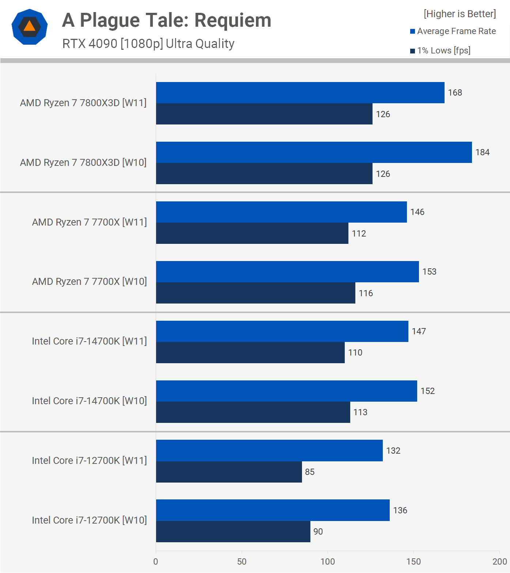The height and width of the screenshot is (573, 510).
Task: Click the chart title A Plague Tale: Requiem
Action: click(166, 20)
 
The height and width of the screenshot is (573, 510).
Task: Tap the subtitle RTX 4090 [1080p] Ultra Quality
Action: click(148, 44)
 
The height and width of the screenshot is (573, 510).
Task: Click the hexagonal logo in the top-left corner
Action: click(30, 27)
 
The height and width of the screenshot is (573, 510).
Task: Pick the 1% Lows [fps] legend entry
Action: click(440, 51)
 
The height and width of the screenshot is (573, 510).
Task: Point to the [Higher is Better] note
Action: click(460, 14)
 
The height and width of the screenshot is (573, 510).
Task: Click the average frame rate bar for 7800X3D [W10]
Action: click(314, 152)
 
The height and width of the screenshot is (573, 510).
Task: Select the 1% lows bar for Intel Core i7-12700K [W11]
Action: click(229, 472)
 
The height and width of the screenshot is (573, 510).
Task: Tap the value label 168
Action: click(455, 93)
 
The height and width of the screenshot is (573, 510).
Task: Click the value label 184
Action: click(482, 152)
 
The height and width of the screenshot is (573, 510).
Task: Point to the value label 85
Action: click(310, 472)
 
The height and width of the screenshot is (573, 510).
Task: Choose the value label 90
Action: click(318, 532)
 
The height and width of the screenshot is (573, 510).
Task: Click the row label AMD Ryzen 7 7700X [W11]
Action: click(89, 222)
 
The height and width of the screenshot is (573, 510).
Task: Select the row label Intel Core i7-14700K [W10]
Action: click(89, 401)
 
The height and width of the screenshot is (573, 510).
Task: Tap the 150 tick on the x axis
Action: click(413, 562)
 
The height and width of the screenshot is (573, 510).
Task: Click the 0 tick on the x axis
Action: click(156, 562)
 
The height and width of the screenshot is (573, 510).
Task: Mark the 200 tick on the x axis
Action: click(499, 562)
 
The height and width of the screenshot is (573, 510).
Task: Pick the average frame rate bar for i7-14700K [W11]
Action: click(282, 331)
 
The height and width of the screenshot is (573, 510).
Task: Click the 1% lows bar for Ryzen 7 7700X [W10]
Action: click(256, 293)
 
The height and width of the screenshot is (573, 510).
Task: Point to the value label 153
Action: click(429, 272)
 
